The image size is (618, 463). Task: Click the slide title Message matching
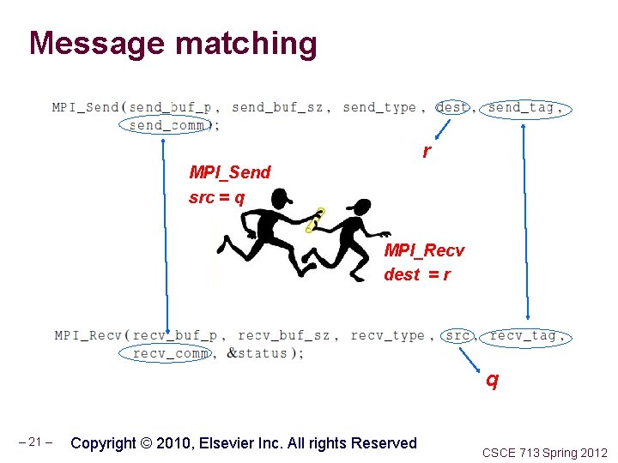click(173, 43)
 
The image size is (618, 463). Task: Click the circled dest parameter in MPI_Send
click(452, 107)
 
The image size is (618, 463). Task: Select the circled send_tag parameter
click(524, 107)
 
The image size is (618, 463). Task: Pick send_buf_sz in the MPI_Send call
click(277, 107)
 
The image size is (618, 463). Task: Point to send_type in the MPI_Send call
click(379, 107)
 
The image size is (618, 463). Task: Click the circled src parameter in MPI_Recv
click(457, 335)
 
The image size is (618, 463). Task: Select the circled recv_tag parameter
click(527, 335)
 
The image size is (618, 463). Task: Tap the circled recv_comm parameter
click(171, 353)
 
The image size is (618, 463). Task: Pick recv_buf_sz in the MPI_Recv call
click(284, 335)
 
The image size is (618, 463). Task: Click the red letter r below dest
click(427, 152)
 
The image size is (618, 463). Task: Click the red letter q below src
click(491, 378)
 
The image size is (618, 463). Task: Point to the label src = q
click(216, 198)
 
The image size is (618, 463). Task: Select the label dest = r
click(417, 274)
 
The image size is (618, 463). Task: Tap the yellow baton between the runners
click(315, 220)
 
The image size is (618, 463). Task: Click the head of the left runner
click(280, 200)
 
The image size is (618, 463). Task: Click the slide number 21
click(36, 443)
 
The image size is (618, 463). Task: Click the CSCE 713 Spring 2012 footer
click(544, 452)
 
